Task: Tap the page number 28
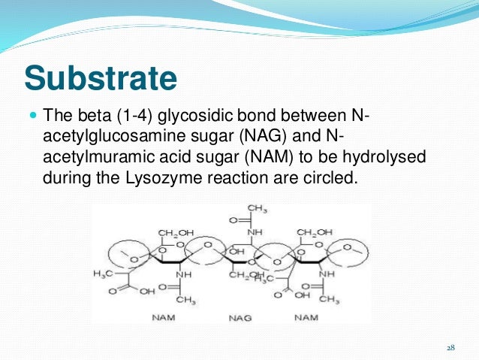[450, 347]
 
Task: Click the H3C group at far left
[101, 273]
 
